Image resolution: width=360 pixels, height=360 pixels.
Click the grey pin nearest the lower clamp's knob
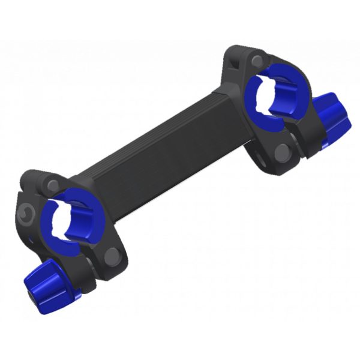(110, 256)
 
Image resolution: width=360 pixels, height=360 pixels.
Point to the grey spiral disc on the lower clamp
(26, 212)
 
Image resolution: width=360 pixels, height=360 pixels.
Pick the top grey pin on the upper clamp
(257, 60)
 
